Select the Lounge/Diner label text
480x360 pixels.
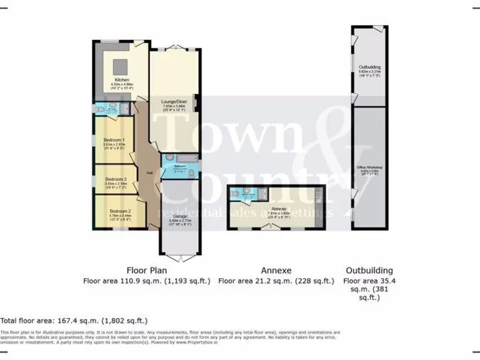click(x=174, y=101)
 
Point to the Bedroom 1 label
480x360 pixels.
click(x=114, y=139)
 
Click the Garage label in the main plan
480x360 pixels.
click(x=179, y=216)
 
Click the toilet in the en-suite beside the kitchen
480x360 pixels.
click(x=102, y=109)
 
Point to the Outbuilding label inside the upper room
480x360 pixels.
click(x=369, y=67)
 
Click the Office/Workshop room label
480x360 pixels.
click(x=369, y=167)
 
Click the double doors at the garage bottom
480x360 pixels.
click(x=179, y=257)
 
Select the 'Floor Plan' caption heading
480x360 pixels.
click(x=147, y=271)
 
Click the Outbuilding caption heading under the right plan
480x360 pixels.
click(x=369, y=271)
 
